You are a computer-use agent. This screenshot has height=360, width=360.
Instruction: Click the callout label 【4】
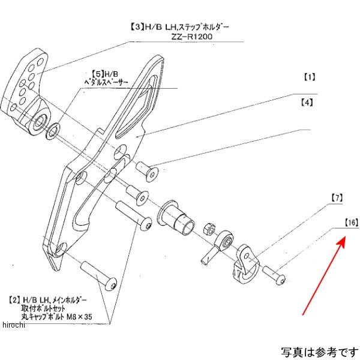[307, 103]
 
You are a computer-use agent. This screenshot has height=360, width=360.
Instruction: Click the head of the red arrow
[344, 239]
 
